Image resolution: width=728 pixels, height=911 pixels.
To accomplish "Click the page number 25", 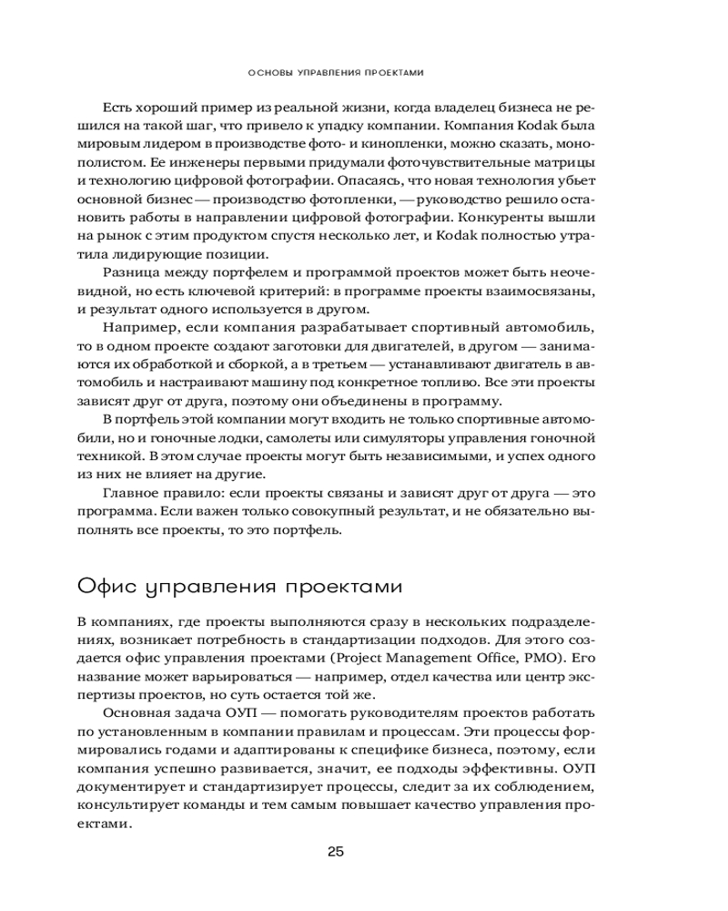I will tap(335, 852).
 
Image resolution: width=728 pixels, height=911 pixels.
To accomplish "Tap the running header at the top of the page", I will tap(336, 70).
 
